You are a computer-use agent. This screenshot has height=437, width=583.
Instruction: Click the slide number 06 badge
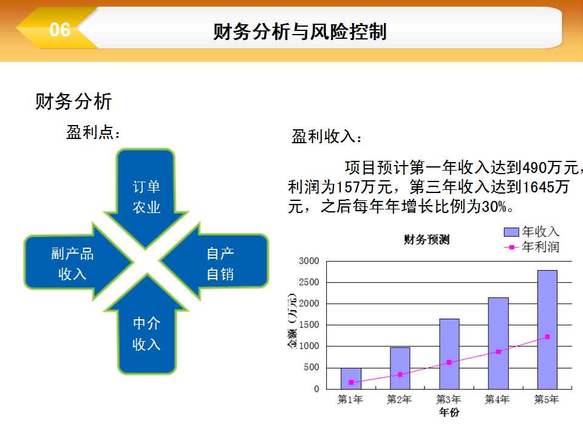tap(60, 30)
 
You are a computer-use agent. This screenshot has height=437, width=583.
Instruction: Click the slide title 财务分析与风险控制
tap(299, 31)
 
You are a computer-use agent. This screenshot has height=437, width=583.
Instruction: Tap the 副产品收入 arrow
tap(78, 262)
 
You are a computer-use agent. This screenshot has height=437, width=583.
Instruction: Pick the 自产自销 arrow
tap(214, 262)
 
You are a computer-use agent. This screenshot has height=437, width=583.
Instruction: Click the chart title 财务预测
tap(426, 240)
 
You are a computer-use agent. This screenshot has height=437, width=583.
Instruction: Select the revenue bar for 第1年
tap(351, 379)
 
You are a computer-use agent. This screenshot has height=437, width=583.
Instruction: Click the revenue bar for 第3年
tap(449, 354)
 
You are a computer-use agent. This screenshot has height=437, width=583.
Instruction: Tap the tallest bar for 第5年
tap(547, 330)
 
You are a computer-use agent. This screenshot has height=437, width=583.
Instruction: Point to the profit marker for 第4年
tap(498, 351)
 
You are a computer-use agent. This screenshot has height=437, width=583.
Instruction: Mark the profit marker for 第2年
tap(400, 374)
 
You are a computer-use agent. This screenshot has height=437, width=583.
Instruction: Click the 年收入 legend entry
tap(532, 232)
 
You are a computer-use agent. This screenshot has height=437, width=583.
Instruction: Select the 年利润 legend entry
tap(532, 247)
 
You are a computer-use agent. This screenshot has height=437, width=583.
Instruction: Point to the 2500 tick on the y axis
tap(309, 282)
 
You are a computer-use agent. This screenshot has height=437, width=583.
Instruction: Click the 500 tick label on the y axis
tap(312, 368)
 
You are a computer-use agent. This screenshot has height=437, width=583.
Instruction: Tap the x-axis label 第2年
tap(400, 399)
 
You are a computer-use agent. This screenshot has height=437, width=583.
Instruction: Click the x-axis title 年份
tap(449, 412)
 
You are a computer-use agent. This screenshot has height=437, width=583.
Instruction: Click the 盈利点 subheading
tap(94, 132)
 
